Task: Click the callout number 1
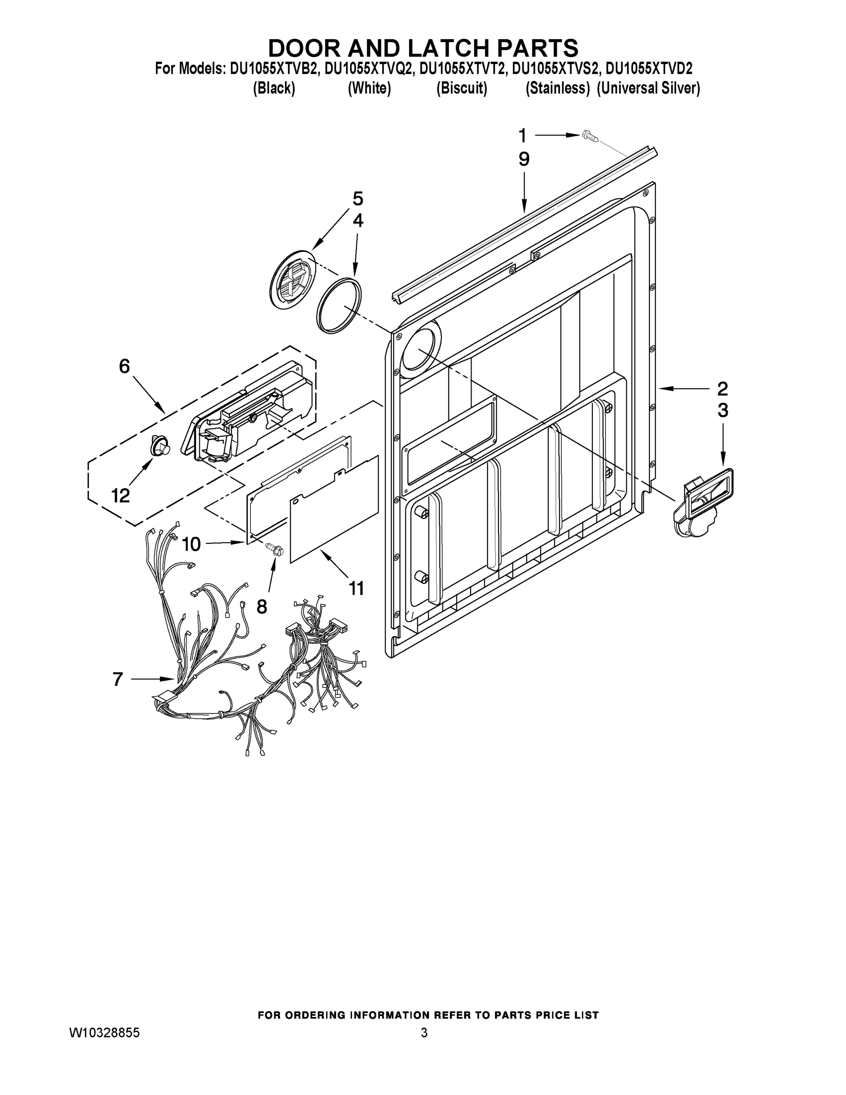click(522, 136)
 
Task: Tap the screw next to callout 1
click(589, 136)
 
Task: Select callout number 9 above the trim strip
click(524, 159)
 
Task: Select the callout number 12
click(121, 496)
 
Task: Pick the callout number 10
click(191, 543)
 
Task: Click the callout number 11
click(356, 588)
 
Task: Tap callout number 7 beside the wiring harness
click(117, 679)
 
